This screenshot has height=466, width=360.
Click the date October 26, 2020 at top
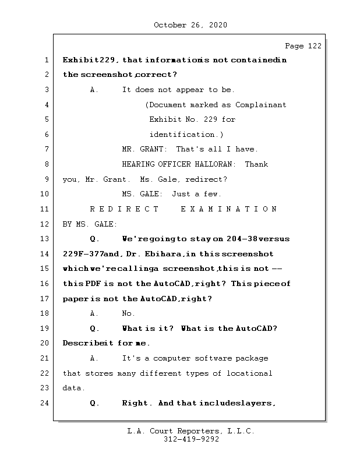(190, 25)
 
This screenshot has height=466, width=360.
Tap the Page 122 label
(302, 46)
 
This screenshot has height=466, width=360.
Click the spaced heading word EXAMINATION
(229, 209)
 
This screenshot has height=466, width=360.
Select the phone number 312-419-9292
(191, 440)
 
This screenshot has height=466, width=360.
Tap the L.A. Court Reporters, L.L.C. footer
(190, 431)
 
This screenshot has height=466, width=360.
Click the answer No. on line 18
(128, 313)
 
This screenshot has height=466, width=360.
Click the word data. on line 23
(73, 388)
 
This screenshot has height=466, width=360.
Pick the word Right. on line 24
(137, 403)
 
